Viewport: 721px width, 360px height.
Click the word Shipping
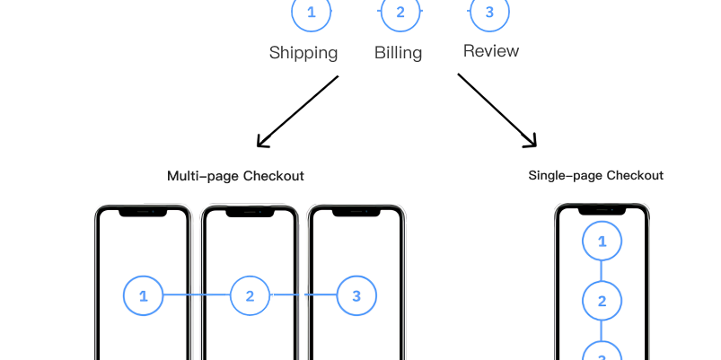point(303,53)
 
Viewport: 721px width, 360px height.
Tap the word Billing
point(398,53)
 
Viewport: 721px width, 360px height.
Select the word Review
point(491,50)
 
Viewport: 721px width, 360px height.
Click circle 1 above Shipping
point(312,12)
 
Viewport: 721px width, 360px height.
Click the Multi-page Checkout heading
point(235,176)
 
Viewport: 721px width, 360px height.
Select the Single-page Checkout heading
point(596,175)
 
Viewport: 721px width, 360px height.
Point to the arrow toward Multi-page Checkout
point(297,111)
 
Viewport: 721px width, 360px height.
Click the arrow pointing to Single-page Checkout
point(497,110)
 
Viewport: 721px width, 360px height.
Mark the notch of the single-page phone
point(602,211)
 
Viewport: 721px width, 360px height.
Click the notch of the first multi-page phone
point(143,213)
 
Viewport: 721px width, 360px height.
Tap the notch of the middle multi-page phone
point(250,213)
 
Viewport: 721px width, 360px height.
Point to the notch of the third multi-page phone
point(356,213)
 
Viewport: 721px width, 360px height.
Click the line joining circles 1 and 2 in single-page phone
point(602,271)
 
